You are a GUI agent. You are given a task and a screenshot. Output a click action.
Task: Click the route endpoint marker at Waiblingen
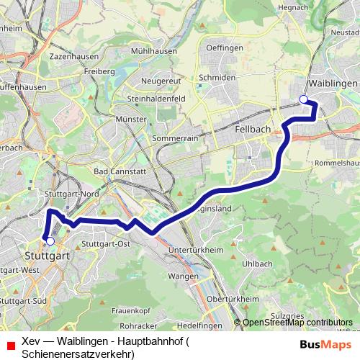[303, 99]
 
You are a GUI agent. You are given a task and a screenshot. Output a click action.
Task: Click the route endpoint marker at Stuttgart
[50, 241]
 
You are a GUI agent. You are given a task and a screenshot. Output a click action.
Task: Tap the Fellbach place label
[252, 128]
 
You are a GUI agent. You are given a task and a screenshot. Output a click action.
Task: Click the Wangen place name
[182, 276]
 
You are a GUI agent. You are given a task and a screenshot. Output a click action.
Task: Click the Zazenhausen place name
[73, 55]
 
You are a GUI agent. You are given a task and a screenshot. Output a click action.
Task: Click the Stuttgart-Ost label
[106, 244]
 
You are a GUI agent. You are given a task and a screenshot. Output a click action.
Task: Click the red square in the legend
[10, 344]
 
